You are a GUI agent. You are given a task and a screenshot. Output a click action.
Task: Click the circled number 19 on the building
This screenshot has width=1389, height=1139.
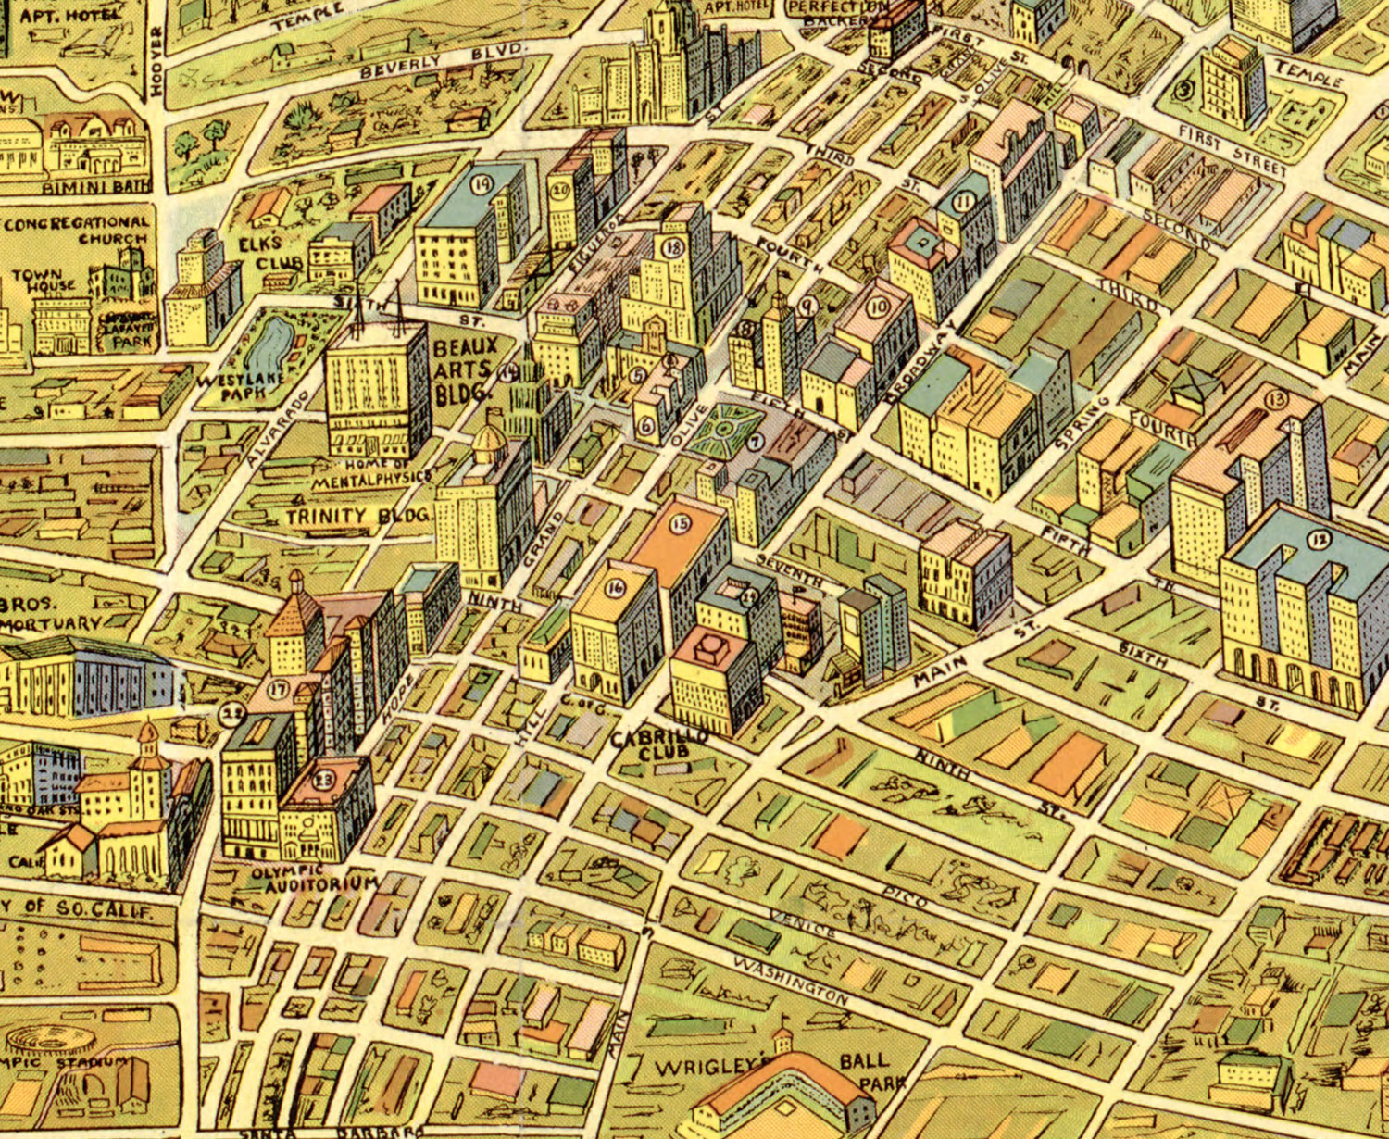coord(481,183)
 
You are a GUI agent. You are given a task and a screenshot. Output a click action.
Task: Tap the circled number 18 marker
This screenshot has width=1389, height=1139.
coord(673,247)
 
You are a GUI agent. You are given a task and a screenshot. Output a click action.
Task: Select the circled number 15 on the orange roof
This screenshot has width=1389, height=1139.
coord(681,524)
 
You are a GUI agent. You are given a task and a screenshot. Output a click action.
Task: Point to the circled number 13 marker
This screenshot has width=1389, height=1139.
coord(1278,400)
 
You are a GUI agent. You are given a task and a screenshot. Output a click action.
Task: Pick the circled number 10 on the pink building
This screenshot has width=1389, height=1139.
coord(878,307)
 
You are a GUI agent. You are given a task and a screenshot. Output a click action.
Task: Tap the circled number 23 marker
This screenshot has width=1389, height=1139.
coord(324,778)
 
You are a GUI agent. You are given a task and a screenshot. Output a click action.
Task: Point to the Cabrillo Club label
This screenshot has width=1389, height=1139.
coord(660,744)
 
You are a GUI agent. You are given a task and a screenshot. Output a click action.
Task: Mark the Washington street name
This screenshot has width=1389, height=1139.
coord(790,981)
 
